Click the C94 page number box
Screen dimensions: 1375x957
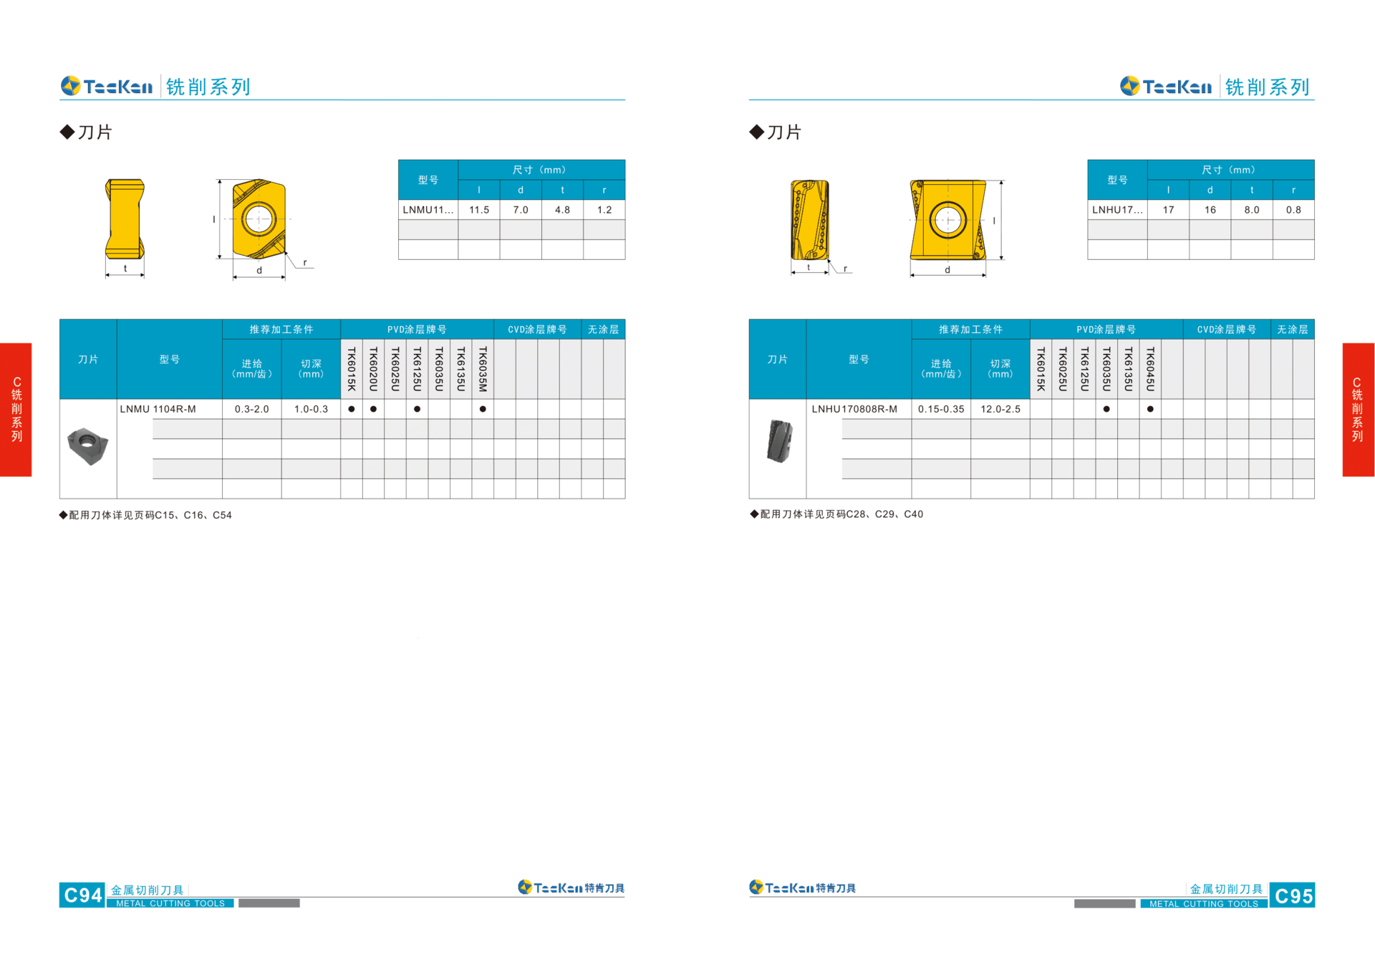tap(82, 895)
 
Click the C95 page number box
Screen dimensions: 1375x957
tap(1292, 895)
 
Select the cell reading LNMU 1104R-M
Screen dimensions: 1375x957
tap(158, 409)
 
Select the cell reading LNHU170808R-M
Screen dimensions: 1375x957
tap(854, 409)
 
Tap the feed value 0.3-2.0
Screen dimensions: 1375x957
tap(252, 409)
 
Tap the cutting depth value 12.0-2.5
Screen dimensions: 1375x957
tap(1000, 409)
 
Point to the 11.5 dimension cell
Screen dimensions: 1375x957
tap(479, 210)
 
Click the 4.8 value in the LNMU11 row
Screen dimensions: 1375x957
tap(563, 210)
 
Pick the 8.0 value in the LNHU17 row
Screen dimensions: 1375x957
tap(1252, 210)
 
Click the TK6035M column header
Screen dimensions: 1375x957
tap(483, 369)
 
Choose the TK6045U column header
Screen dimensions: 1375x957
tap(1150, 369)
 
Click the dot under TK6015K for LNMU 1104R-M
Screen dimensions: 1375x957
tap(352, 409)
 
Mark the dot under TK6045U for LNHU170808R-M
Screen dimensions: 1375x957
tap(1150, 409)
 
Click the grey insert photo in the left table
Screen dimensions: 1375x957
tap(87, 446)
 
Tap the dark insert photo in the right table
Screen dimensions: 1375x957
tap(779, 441)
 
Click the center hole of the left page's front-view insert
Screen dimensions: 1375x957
tap(259, 218)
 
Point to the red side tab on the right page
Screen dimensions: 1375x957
tap(1358, 409)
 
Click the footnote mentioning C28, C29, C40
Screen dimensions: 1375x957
tap(836, 514)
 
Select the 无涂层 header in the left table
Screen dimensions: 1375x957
tap(603, 330)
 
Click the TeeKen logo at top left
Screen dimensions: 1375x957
tap(107, 87)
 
